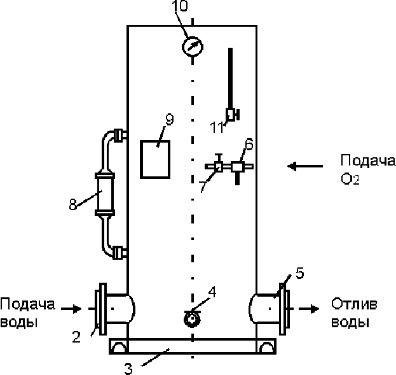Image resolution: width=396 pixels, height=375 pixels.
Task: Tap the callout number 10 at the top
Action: [x=180, y=6]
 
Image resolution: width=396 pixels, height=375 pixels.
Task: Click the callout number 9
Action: [x=170, y=119]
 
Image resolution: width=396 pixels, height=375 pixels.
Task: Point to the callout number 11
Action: [x=217, y=127]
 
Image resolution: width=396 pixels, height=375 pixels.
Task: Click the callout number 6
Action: [x=249, y=145]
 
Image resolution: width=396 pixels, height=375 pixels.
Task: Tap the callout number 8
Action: [x=72, y=204]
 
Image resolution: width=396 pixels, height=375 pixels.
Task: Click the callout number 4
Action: [x=212, y=292]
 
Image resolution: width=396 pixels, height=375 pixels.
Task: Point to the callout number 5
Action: [x=299, y=273]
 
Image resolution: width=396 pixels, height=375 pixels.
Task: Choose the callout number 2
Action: [x=76, y=337]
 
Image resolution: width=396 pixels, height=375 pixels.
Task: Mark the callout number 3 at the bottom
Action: [x=128, y=369]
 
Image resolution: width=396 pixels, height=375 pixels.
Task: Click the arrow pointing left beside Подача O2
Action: [x=305, y=166]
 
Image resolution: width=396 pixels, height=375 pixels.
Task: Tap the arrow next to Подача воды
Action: [x=71, y=309]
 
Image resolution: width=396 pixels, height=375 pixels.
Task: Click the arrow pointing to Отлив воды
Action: [x=309, y=309]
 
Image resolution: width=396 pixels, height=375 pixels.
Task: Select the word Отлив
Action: [x=354, y=304]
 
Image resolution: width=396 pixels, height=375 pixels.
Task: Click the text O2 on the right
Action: [x=350, y=179]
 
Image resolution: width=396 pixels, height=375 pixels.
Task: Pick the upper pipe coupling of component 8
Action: [x=118, y=135]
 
